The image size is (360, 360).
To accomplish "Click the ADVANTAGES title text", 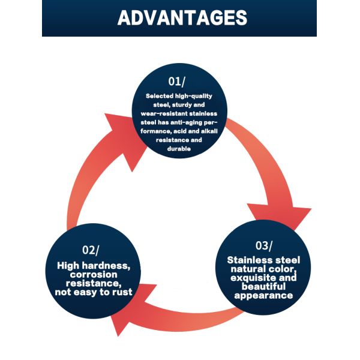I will click(x=182, y=17).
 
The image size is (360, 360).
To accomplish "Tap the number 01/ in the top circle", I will click(x=178, y=82).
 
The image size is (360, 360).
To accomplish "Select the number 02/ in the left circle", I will click(x=91, y=250).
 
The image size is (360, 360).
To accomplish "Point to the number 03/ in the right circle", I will click(x=263, y=245).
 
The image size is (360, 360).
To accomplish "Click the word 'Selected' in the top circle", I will click(x=159, y=96).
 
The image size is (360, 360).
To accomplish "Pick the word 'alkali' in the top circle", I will click(x=204, y=131).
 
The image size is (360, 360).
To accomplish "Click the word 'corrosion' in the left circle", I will click(x=89, y=274).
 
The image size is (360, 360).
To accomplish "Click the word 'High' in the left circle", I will click(x=68, y=265).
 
